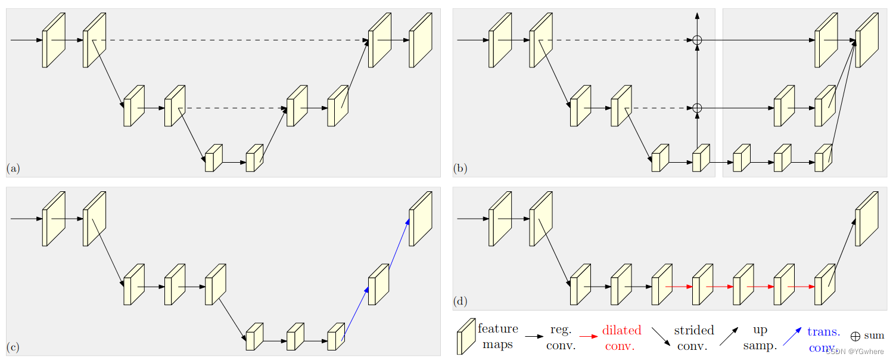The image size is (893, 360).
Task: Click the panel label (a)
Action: tap(13, 169)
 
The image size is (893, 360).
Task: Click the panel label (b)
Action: tap(460, 169)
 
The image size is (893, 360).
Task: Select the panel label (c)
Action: tap(13, 347)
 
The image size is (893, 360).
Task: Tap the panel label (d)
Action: tap(460, 302)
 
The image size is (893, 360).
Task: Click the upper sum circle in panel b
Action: tap(697, 40)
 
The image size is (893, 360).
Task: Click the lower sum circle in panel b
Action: tap(697, 108)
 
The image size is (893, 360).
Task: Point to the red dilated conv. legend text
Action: tap(621, 337)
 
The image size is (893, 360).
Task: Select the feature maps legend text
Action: tap(497, 337)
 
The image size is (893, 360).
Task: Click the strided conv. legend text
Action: tap(693, 337)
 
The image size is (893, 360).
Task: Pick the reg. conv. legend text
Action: tap(561, 337)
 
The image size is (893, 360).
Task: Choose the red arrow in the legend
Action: tap(589, 337)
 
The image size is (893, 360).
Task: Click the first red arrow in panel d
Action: tap(679, 287)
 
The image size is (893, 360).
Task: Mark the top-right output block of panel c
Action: tap(420, 219)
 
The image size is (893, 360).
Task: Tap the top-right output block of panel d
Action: tap(867, 219)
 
